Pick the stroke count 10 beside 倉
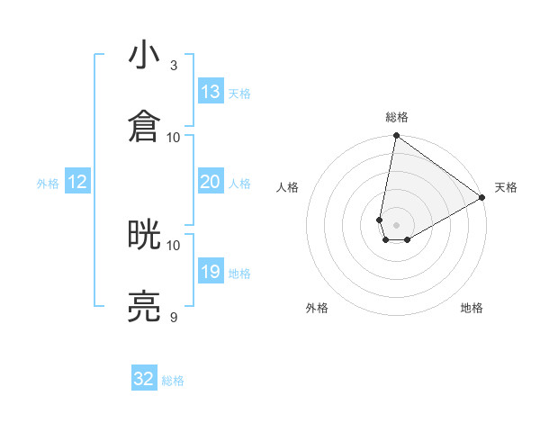click(x=174, y=137)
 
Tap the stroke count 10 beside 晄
click(x=174, y=245)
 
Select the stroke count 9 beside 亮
click(x=173, y=317)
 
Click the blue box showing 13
click(x=211, y=92)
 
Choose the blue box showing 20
click(x=211, y=182)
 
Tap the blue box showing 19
click(x=211, y=272)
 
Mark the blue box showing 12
click(x=77, y=182)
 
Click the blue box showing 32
click(x=144, y=379)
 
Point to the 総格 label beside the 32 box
click(x=173, y=381)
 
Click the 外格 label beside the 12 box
click(x=48, y=184)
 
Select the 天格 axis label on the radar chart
click(x=506, y=188)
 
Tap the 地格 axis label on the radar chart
click(x=472, y=309)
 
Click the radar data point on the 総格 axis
click(x=396, y=136)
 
